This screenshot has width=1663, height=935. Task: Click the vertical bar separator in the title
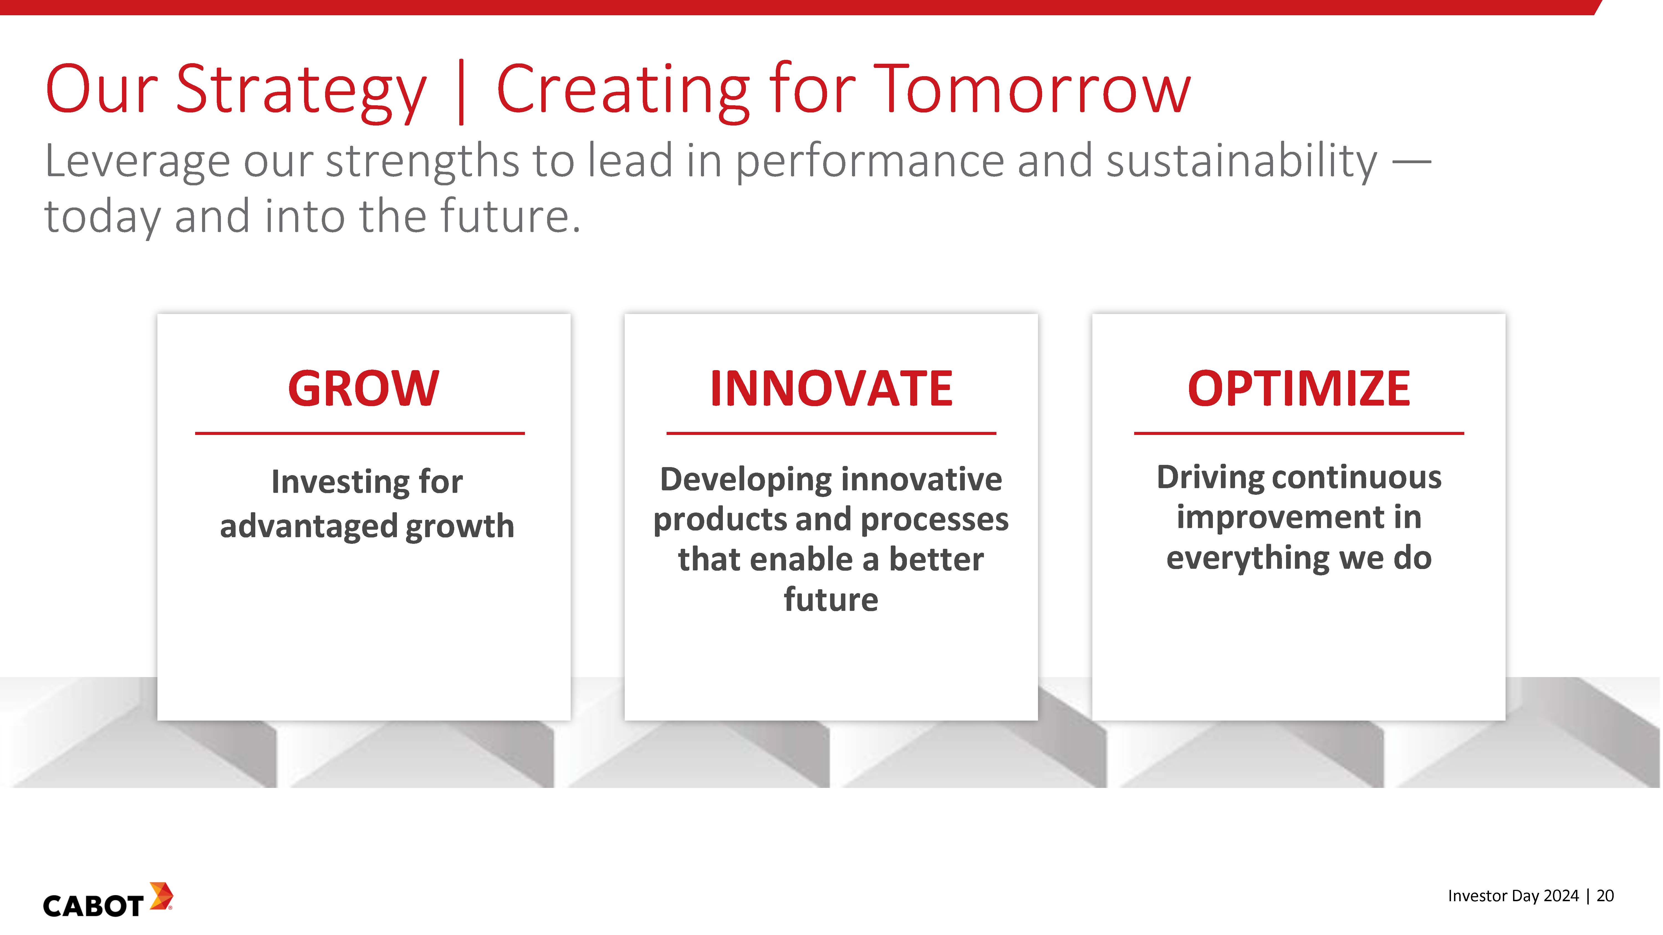(461, 92)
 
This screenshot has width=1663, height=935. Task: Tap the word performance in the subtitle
(869, 163)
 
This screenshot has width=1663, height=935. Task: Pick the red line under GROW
(359, 433)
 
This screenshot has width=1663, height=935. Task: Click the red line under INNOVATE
(831, 433)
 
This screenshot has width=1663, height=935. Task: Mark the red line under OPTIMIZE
(1299, 433)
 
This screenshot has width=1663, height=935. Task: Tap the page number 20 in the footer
(1605, 896)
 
